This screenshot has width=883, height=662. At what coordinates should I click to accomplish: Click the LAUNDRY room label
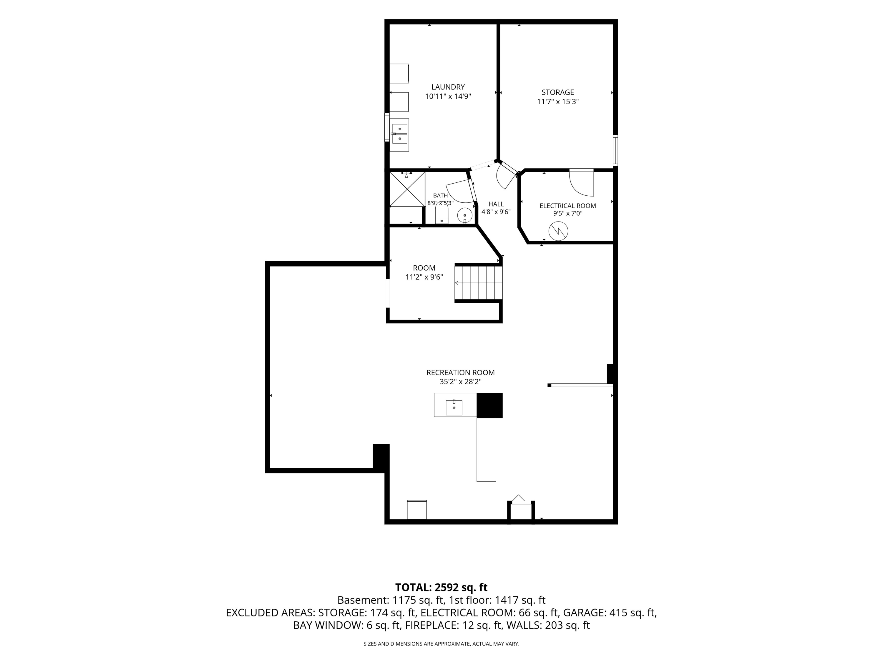[448, 87]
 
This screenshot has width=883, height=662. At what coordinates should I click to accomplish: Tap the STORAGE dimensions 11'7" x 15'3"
[558, 102]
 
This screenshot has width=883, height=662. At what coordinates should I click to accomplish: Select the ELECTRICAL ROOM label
[568, 206]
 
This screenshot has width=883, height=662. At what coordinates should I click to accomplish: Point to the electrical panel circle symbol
[558, 231]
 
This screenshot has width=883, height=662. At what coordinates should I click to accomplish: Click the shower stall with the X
[407, 189]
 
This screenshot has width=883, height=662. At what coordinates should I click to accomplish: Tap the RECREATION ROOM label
[460, 373]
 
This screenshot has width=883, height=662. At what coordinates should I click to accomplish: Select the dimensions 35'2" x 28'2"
[460, 382]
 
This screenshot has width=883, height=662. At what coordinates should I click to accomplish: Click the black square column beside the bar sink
[489, 405]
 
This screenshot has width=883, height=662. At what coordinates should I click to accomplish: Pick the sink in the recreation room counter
[454, 407]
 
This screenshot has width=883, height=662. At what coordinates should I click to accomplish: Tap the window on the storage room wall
[615, 150]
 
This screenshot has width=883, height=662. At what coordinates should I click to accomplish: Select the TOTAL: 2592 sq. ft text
[441, 587]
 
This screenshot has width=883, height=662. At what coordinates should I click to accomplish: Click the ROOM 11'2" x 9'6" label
[424, 272]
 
